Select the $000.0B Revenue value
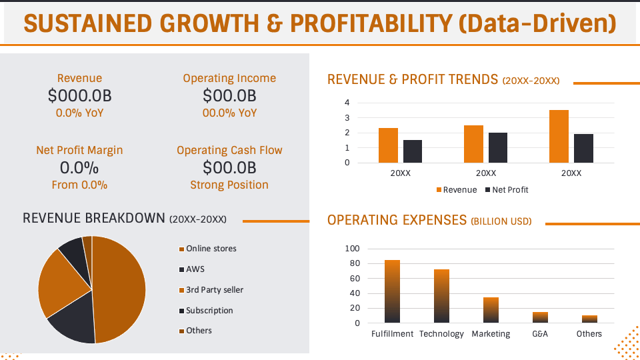[79, 96]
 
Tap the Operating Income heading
[229, 78]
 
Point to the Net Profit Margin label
[79, 150]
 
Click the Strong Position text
[229, 185]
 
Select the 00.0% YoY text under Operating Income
[229, 113]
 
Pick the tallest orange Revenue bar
[559, 137]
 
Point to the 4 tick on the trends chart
[347, 103]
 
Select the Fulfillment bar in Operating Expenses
[392, 291]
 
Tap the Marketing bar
[491, 310]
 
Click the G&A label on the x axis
[539, 333]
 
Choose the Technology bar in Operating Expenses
[441, 296]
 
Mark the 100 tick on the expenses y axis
[352, 249]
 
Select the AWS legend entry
[195, 269]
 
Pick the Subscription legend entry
[209, 311]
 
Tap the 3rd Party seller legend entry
[214, 290]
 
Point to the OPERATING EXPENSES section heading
[397, 220]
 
